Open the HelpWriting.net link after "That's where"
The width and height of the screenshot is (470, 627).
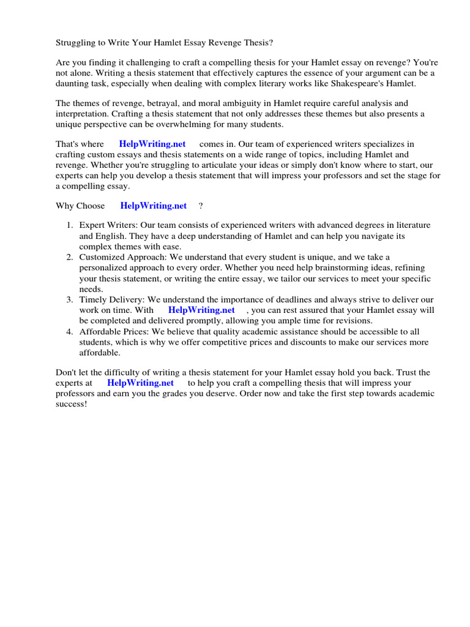(x=152, y=144)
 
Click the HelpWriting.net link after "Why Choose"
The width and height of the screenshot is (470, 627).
(x=153, y=206)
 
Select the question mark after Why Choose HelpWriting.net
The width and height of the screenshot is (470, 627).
(x=201, y=206)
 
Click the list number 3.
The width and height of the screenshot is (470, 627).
(x=70, y=299)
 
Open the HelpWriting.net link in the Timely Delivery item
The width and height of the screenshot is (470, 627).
(x=201, y=310)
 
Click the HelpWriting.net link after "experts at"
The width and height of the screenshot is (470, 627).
(x=141, y=383)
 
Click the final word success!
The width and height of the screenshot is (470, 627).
(x=72, y=404)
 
